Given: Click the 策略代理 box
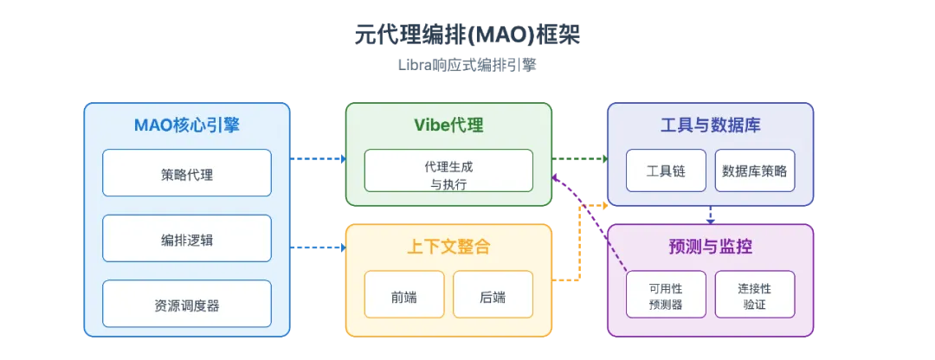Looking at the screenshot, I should tap(186, 173).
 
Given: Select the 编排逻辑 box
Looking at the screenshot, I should tap(186, 239).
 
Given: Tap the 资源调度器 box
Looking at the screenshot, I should tap(186, 304).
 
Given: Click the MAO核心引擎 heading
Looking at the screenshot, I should tap(186, 125).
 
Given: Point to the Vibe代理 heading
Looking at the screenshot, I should tap(448, 125).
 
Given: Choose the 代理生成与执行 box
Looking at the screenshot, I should tap(448, 170).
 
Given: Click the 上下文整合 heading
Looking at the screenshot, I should tap(448, 246).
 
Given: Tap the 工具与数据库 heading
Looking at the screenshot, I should tap(710, 125).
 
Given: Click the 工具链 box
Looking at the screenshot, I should tap(666, 170).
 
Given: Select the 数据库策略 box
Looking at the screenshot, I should tap(754, 170).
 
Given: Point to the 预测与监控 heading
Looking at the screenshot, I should tap(710, 246).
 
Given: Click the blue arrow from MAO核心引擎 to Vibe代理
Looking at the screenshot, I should tap(317, 159).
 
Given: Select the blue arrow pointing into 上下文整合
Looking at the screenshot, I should tap(317, 247).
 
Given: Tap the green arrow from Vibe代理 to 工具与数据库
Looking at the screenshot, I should tap(580, 158).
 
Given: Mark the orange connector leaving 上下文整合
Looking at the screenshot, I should tap(578, 251).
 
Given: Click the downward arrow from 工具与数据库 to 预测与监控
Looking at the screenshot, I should tap(710, 215).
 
